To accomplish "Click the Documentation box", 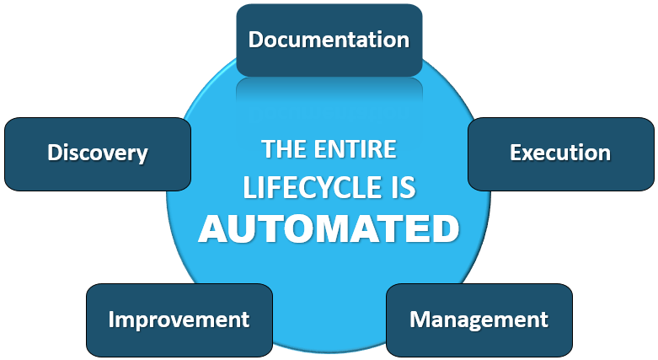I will [329, 40].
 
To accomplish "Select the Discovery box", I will [98, 153].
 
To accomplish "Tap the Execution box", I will [560, 153].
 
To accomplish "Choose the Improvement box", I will [179, 320].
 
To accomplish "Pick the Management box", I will [479, 320].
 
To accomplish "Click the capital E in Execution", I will [516, 153].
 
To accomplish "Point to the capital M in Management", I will [419, 320].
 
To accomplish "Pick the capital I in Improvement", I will [111, 320].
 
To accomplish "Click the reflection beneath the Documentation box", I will [329, 89].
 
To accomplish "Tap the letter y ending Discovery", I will [142, 156].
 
